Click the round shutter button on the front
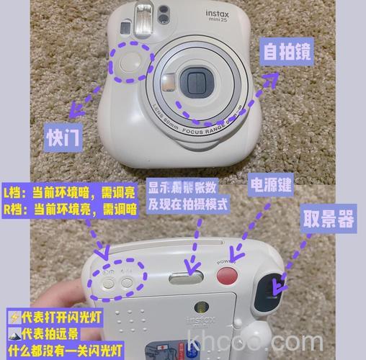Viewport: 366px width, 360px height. click(131, 63)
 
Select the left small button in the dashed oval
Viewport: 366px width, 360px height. click(108, 283)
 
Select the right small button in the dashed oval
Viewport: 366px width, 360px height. click(128, 283)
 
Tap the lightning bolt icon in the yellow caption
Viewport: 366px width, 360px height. click(13, 316)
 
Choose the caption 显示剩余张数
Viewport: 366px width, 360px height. click(185, 188)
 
